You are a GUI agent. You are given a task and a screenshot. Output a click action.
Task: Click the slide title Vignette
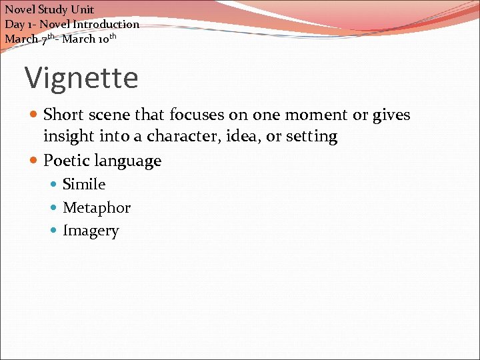pos(81,78)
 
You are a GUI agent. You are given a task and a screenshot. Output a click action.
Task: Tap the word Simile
pos(84,184)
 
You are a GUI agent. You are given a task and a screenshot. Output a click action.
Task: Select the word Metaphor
pos(97,207)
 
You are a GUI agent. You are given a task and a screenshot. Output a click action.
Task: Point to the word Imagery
pos(91,231)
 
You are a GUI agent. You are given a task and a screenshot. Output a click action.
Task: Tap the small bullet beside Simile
pos(55,185)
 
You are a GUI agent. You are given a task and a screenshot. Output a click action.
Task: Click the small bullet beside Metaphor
pos(55,208)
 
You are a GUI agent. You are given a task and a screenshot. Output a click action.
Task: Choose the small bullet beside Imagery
pos(55,231)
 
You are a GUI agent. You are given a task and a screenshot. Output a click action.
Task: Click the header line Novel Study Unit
pos(50,9)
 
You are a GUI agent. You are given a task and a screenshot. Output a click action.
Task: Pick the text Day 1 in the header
pos(17,24)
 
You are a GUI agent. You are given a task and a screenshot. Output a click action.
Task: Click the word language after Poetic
pos(129,161)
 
